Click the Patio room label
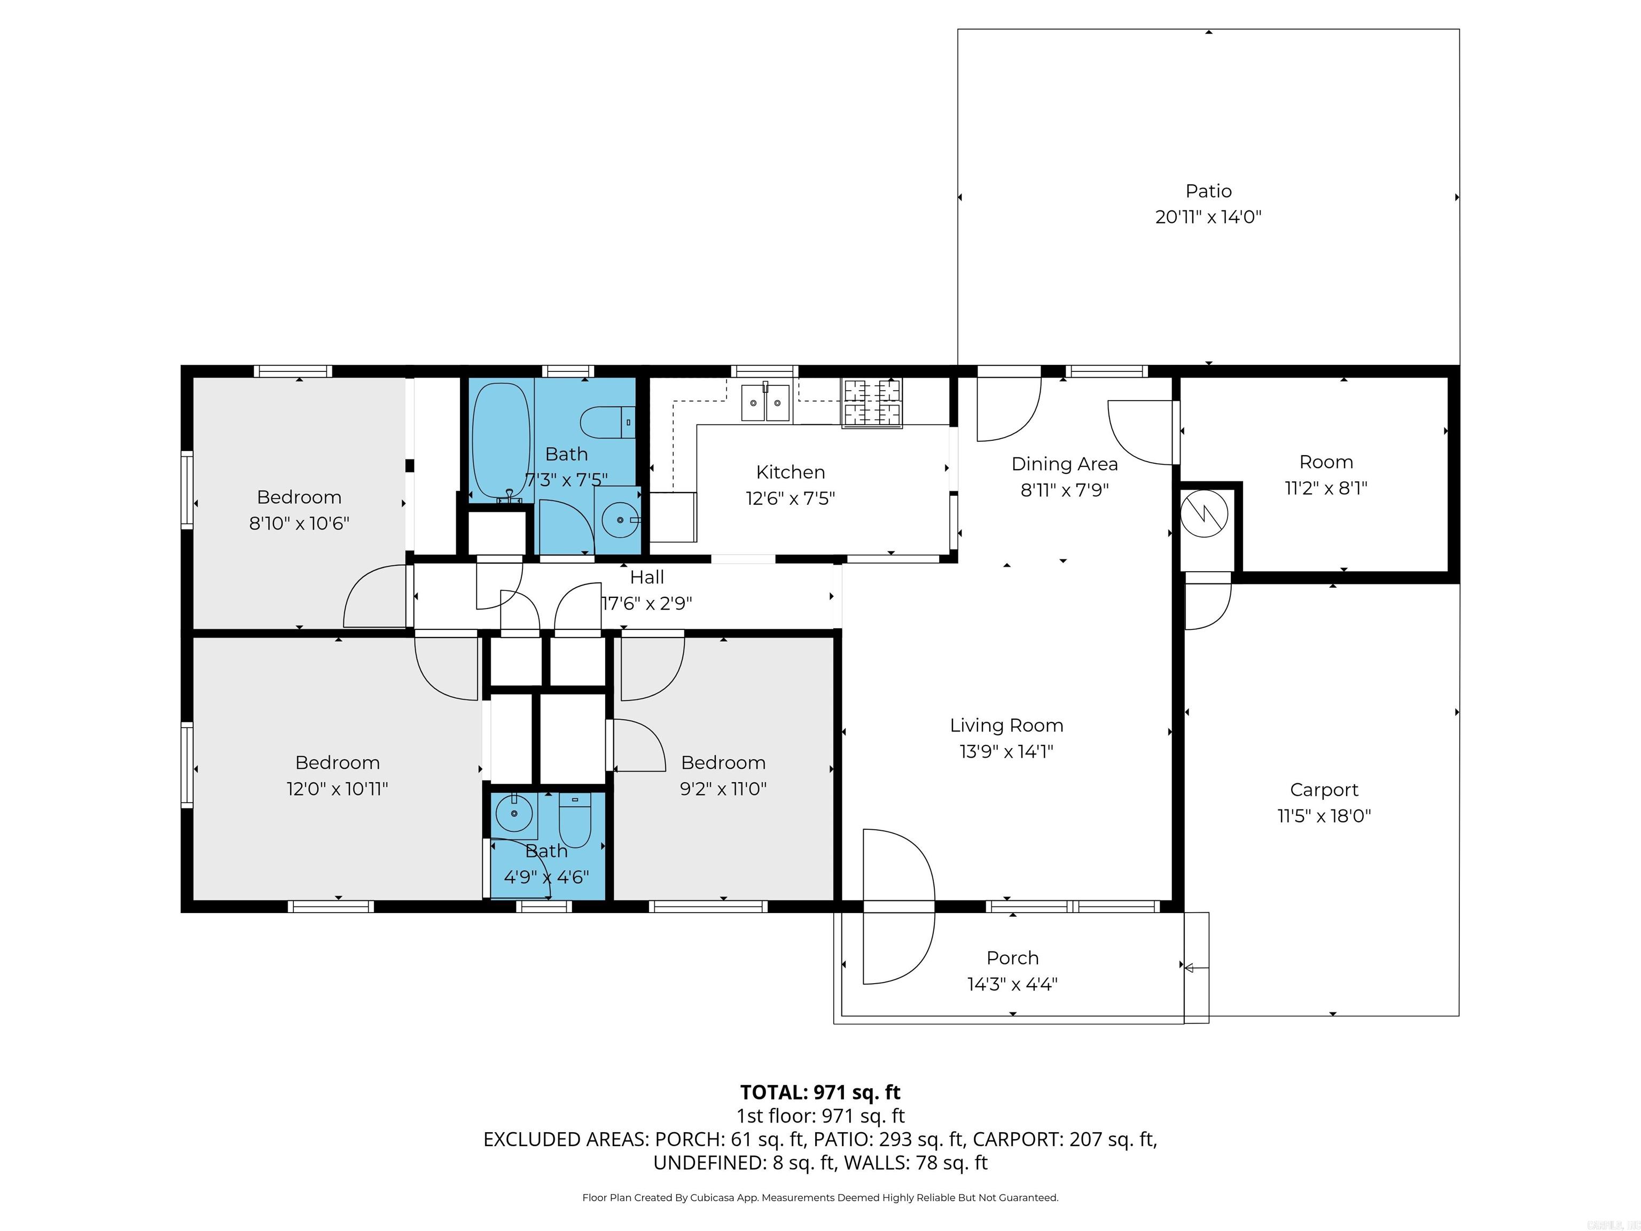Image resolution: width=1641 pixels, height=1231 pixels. tap(1208, 191)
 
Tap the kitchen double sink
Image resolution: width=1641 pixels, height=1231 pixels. tap(765, 403)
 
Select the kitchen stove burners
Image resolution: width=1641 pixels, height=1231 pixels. tap(872, 404)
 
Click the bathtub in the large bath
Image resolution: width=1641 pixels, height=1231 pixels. tap(502, 441)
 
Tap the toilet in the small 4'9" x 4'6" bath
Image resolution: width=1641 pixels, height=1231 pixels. tap(574, 820)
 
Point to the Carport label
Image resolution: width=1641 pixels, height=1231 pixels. tap(1324, 790)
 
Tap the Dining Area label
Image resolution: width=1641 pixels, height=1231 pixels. tap(1064, 464)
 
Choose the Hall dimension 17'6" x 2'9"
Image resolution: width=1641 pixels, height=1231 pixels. tap(646, 603)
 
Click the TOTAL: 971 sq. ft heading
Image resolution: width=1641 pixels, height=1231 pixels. tap(820, 1092)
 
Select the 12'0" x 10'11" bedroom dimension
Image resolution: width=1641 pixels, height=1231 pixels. tap(337, 789)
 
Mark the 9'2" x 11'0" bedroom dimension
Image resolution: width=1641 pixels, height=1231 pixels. tap(723, 789)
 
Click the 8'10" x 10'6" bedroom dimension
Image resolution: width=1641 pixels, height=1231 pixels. tap(299, 523)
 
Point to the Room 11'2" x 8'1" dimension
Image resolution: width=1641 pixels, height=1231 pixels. tap(1326, 488)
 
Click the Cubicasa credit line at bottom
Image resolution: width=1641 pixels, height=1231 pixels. tap(820, 1198)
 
